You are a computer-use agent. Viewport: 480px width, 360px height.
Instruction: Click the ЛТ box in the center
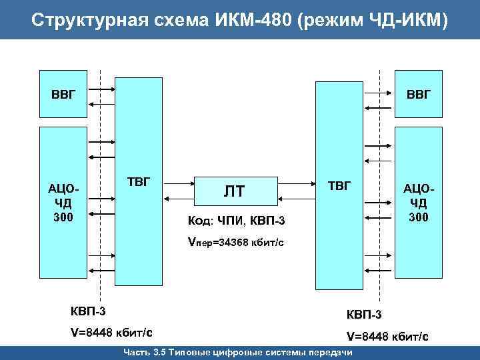pos(234,192)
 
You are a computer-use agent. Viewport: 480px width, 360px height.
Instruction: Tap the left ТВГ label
pos(139,182)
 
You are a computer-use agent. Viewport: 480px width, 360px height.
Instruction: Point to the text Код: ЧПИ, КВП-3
pos(237,221)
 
